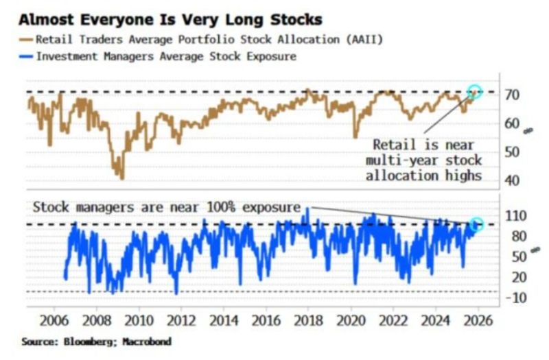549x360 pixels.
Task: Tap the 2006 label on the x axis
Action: [x=54, y=321]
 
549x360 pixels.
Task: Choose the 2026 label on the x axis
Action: [x=478, y=321]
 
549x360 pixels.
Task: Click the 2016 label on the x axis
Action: [x=266, y=321]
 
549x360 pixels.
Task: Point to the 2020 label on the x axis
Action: [x=351, y=321]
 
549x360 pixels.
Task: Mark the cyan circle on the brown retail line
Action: [x=475, y=91]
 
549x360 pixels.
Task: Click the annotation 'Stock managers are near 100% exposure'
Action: [x=167, y=206]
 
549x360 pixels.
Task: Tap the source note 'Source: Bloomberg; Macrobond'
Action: [x=95, y=341]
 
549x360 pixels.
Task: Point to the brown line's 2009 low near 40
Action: [x=121, y=178]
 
